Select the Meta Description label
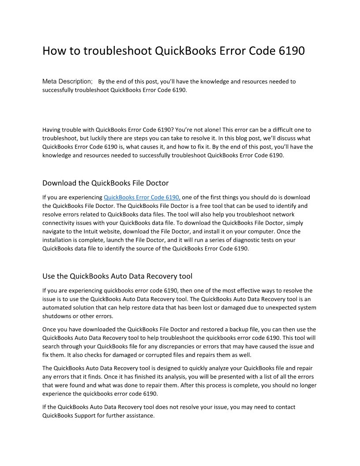67,81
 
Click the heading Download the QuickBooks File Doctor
105,183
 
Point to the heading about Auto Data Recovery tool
117,276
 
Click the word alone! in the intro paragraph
208,130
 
